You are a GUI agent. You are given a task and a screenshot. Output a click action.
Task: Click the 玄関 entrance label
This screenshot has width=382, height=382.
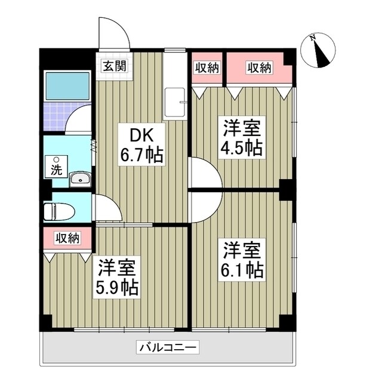pos(113,66)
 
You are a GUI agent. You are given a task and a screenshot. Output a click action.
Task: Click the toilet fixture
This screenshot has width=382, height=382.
pos(58,210)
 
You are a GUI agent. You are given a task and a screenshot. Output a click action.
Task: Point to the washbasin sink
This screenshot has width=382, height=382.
pos(79,178)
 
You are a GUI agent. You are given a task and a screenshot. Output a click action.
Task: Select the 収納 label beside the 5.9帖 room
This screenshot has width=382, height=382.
pos(67,238)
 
